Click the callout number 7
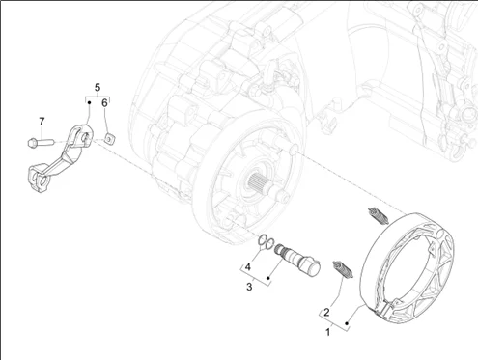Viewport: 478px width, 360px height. [x=42, y=122]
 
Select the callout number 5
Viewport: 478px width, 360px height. [x=98, y=87]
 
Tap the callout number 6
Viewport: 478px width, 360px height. [x=104, y=103]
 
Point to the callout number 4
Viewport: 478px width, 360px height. [x=248, y=267]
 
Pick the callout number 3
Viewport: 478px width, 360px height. [x=249, y=287]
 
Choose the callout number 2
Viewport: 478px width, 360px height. [x=326, y=312]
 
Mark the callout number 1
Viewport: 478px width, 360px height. [x=328, y=332]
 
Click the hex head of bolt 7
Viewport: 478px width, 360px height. [x=32, y=142]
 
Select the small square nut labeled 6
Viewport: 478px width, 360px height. [x=110, y=139]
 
